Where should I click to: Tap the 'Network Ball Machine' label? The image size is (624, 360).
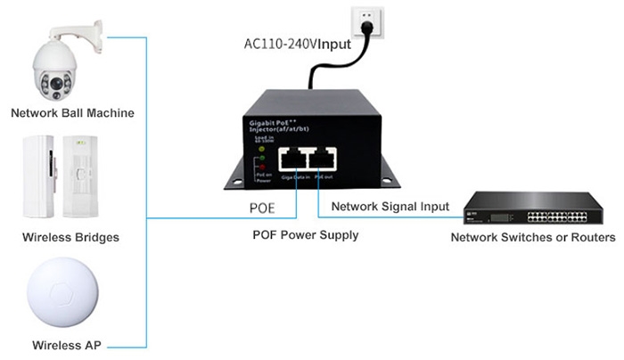coord(72,113)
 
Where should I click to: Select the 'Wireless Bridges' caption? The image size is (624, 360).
coord(70,238)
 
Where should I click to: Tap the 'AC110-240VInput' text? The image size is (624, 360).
coord(298,44)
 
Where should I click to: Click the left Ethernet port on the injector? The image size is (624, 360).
coord(293,160)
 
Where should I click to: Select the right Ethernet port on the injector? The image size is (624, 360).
coord(322,160)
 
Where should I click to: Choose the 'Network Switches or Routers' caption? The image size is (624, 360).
coord(532,238)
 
